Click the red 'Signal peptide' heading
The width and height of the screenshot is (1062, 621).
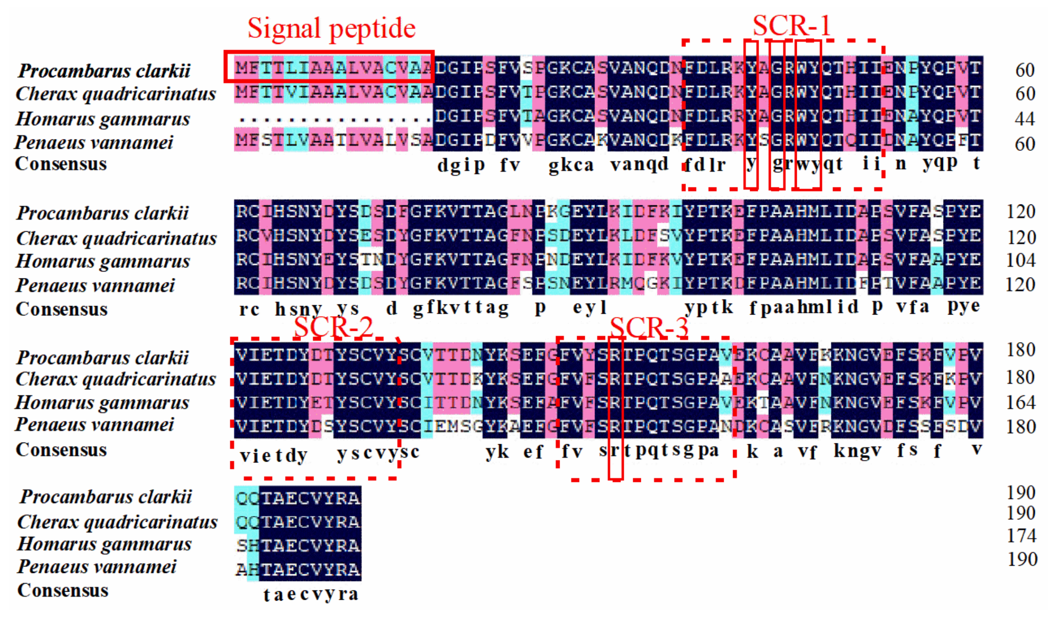point(331,28)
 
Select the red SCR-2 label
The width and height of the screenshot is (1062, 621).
point(333,328)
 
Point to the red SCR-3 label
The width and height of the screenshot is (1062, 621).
point(649,328)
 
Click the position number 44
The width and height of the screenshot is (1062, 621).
point(1024,119)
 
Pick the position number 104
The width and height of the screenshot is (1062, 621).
point(1020,260)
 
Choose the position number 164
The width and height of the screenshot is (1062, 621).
point(1020,402)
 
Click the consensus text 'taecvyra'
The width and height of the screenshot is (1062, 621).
point(311,594)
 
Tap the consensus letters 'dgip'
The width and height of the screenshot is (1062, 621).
point(461,165)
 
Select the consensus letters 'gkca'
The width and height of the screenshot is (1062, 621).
point(571,165)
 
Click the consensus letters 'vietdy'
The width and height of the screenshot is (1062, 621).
point(273,456)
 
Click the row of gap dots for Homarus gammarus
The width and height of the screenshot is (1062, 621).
point(334,119)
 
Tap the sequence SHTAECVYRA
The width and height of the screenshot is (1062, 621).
point(298,545)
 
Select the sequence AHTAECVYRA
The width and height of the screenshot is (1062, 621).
point(298,569)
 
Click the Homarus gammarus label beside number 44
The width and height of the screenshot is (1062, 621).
point(102,119)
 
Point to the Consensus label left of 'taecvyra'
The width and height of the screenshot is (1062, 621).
point(62,590)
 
